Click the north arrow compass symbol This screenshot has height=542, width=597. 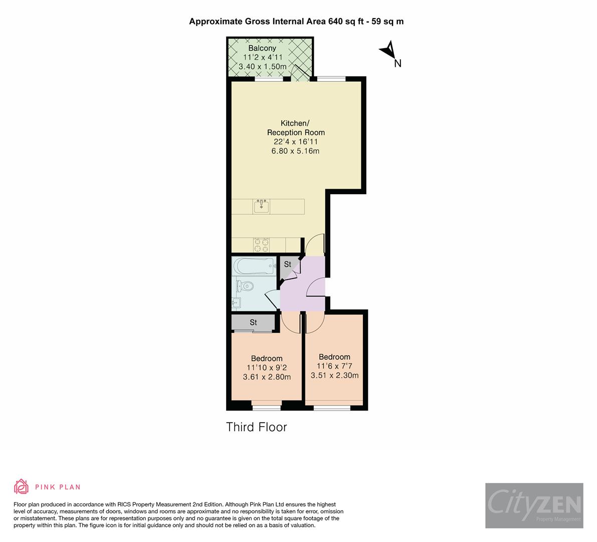pyautogui.click(x=388, y=50)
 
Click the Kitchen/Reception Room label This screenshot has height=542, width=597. pyautogui.click(x=295, y=128)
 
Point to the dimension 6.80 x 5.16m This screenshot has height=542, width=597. pyautogui.click(x=295, y=151)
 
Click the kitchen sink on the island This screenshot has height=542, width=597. pyautogui.click(x=261, y=206)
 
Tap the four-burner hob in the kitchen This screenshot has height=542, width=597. pyautogui.click(x=261, y=245)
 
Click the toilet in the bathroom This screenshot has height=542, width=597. pyautogui.click(x=245, y=287)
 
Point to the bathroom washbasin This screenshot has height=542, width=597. pyautogui.click(x=237, y=303)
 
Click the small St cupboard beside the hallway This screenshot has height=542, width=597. pyautogui.click(x=288, y=265)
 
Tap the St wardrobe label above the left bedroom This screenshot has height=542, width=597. pyautogui.click(x=253, y=322)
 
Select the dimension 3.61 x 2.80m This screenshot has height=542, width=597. pyautogui.click(x=267, y=377)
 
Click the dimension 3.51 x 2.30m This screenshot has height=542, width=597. pyautogui.click(x=334, y=375)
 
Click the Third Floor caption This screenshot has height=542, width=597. pyautogui.click(x=256, y=427)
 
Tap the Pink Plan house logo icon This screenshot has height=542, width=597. pyautogui.click(x=22, y=486)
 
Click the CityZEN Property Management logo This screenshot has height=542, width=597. pyautogui.click(x=534, y=505)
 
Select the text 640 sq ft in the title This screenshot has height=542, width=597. pyautogui.click(x=345, y=21)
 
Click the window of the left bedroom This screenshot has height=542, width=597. pyautogui.click(x=267, y=407)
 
